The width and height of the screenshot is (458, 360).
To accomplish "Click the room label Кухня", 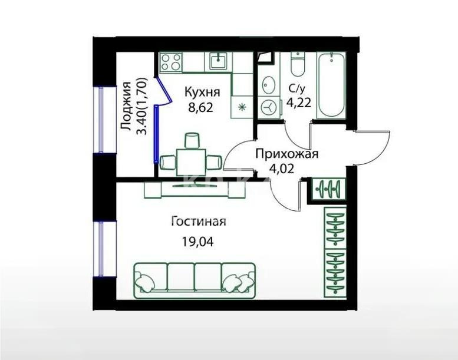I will [202, 93].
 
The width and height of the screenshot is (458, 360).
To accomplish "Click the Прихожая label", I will [286, 154].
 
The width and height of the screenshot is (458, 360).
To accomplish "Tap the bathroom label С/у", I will [296, 90].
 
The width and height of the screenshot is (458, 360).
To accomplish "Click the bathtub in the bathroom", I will [331, 85].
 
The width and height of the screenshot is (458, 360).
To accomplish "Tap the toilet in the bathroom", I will [298, 65].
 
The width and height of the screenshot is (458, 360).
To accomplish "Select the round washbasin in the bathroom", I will [268, 84].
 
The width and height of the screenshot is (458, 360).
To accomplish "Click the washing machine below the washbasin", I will [269, 107].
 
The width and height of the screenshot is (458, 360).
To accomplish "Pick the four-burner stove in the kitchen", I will [171, 63].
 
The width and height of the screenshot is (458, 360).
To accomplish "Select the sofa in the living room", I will [195, 278].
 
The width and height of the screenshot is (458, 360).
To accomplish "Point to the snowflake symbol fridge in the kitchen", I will [242, 107].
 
